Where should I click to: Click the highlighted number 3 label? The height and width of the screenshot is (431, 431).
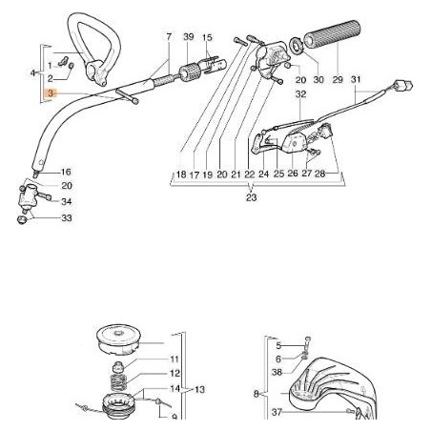pos(51,95)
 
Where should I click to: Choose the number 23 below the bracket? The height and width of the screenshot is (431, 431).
pos(251,197)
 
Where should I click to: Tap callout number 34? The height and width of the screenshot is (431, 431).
pos(66,202)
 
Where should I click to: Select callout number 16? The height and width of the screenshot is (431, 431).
pos(66,173)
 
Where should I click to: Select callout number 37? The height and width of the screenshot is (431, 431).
pos(277,412)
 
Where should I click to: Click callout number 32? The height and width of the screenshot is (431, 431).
pos(299,94)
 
